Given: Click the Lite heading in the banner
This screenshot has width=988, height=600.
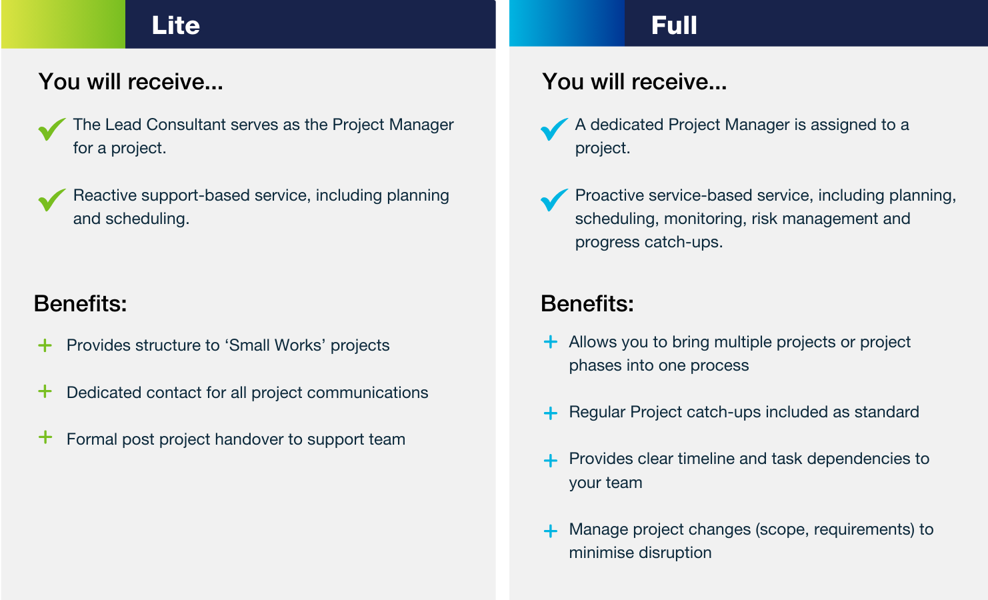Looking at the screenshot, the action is pos(175,25).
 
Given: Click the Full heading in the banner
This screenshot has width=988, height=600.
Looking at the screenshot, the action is pos(674,25).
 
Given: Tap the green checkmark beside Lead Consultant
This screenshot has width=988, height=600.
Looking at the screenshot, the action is pos(51,129).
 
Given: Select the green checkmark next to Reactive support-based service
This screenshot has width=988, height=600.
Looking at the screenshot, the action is pos(51,200).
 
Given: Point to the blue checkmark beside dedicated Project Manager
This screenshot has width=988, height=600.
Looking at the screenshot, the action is pos(553,129).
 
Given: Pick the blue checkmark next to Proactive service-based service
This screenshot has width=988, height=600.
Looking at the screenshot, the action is pos(553,200).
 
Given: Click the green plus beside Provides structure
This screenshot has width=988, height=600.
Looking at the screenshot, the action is pos(45,345).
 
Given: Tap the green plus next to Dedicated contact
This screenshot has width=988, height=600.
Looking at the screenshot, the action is pos(45,391).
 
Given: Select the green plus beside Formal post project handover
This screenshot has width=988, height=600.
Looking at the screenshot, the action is pos(45,437).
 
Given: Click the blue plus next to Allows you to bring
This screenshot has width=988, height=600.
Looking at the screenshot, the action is pos(551,342).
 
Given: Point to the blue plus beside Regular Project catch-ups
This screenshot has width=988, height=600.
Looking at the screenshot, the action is pos(551,413).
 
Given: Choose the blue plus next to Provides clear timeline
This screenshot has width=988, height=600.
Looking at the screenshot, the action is pos(551,461).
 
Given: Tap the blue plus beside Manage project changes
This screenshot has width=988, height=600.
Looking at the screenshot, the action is pos(551,531).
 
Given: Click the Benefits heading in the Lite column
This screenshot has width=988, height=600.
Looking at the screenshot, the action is pos(80,303).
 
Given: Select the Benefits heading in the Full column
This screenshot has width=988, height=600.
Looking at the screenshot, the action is pos(587,303).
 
